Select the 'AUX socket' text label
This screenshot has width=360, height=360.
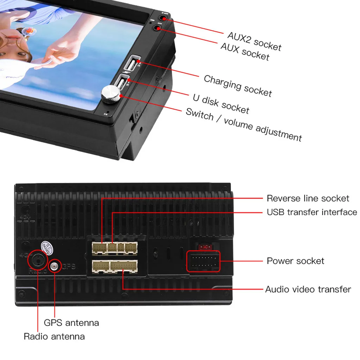(x=245, y=51)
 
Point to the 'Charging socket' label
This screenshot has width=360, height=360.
(x=238, y=85)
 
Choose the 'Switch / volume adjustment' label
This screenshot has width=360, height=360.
(x=243, y=124)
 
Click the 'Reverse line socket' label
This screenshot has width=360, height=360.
(x=308, y=198)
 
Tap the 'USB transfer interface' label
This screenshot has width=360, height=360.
(x=311, y=212)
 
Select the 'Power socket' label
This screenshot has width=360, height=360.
(x=295, y=261)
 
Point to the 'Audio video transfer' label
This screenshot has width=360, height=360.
(x=308, y=289)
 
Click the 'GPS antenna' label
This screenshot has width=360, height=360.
(x=71, y=322)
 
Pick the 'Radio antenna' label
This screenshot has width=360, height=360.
(x=54, y=336)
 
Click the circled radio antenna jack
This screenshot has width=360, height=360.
(x=38, y=260)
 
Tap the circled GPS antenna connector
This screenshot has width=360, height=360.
(x=54, y=266)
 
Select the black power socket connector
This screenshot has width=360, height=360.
(x=203, y=261)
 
